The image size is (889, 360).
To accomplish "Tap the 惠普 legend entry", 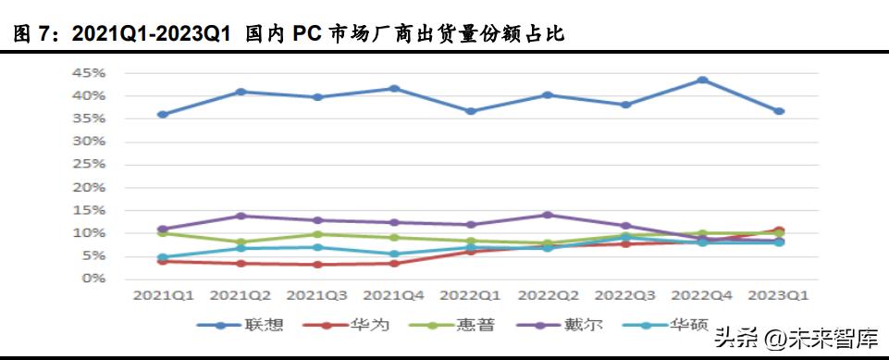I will tap(467, 325).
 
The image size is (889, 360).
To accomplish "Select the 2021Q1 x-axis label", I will tap(163, 296).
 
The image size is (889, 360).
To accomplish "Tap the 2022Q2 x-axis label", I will tap(549, 296).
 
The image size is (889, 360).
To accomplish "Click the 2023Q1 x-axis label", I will tap(779, 296).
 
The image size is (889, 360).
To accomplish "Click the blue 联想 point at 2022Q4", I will tap(702, 81).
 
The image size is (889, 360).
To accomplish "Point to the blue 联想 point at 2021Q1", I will tap(163, 115).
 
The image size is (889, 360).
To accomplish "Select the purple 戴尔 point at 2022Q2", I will tap(549, 215).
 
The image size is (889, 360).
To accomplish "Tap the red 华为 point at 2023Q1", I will tap(779, 230).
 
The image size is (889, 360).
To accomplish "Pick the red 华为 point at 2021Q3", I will tap(317, 265).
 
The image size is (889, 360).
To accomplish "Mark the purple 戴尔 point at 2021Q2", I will tap(241, 216).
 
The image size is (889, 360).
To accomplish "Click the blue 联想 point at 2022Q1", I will tap(471, 111).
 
